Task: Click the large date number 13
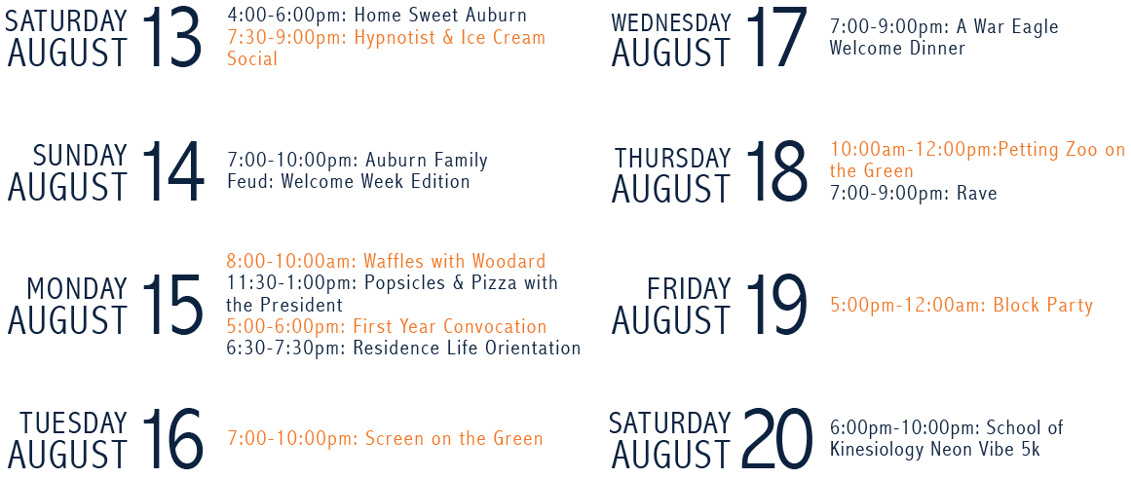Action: (172, 37)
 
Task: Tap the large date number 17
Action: (776, 37)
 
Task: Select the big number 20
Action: (776, 438)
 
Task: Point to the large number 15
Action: (172, 305)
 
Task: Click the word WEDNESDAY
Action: (671, 23)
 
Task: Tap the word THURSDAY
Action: (672, 158)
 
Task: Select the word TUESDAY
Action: (73, 423)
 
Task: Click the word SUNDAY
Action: (79, 155)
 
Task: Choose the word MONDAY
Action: (77, 289)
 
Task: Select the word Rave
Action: (977, 193)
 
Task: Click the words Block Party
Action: (1043, 305)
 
